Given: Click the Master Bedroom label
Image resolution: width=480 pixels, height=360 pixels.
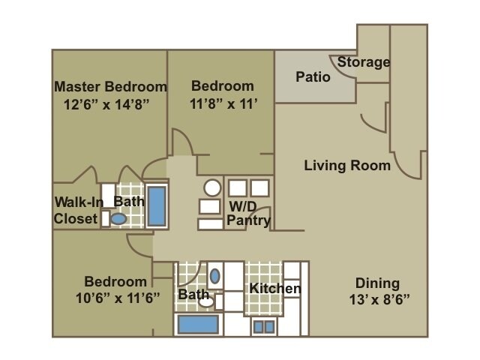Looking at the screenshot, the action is coord(110,87).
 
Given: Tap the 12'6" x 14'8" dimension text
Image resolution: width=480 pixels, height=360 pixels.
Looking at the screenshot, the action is coord(106,104).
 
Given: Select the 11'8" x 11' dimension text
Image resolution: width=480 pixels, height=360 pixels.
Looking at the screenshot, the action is coord(223,103).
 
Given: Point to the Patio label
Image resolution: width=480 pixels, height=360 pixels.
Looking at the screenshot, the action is coord(313,76).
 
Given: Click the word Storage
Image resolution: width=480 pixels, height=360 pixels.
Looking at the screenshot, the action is coord(364,62).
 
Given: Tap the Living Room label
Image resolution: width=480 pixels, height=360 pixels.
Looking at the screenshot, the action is coord(347,166).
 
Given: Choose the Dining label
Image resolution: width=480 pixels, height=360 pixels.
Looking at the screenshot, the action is coord(377,283).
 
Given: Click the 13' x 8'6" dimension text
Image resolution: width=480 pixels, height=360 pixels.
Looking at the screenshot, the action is coord(379,299).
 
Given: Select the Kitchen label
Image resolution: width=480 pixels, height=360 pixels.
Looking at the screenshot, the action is coord(275,288).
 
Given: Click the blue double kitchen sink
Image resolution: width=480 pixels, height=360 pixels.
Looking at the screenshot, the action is coord(264,327).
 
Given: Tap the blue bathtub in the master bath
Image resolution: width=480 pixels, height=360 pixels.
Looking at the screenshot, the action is coord(157,206).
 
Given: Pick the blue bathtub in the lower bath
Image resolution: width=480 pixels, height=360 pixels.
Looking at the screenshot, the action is coord(198,325).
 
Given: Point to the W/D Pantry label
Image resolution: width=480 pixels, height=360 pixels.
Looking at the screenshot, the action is coord(248,213).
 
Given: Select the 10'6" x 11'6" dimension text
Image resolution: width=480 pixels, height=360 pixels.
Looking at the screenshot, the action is coord(118,298).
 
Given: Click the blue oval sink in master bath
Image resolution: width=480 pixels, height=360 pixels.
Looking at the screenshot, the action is coord(118,219).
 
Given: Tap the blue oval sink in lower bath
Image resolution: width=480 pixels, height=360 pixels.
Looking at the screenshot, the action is coord(215,276).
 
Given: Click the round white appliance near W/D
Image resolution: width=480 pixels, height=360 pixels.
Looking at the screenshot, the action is coord(212,187).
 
